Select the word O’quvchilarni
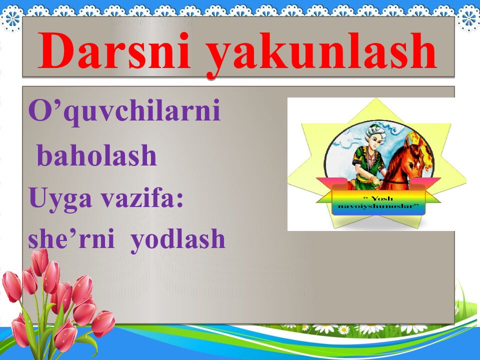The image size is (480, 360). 124,111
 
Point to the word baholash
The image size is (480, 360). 97,155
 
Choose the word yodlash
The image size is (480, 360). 178,239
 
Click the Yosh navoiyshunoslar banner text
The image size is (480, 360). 378,202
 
